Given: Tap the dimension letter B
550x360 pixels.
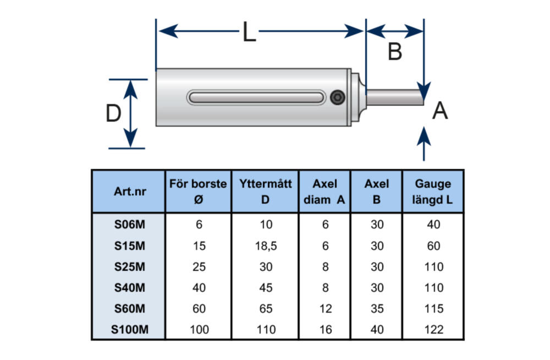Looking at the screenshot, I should (395, 52).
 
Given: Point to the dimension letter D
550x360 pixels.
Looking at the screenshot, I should (113, 114).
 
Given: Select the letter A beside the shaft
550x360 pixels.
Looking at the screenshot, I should (440, 111).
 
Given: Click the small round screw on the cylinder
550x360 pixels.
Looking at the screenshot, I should (338, 98).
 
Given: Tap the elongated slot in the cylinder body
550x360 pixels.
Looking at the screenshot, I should (256, 97).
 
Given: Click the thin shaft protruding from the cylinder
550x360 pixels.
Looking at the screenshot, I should (395, 97).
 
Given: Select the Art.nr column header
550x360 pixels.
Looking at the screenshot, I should (129, 192).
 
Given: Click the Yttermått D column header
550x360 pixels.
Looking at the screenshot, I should (266, 192).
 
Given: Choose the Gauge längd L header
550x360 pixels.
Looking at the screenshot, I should (433, 192).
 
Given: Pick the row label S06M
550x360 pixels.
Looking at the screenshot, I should (129, 225).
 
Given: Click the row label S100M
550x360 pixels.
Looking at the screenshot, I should (129, 330).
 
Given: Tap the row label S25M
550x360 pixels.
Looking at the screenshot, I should (129, 267).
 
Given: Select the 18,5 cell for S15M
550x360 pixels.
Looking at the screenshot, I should (266, 246).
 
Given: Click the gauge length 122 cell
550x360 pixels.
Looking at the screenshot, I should (433, 330).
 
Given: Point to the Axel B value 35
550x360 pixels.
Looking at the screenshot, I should (377, 309).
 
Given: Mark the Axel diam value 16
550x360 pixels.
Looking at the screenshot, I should (325, 330).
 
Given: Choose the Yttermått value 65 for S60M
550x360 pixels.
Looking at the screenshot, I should (266, 309).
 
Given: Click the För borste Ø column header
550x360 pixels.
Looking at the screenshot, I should (199, 192).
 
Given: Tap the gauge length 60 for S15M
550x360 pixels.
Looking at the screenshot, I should (433, 246).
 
